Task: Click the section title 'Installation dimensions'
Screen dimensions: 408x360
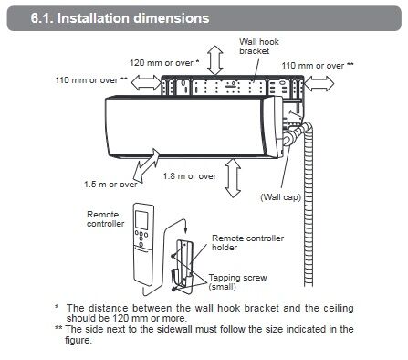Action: (133, 18)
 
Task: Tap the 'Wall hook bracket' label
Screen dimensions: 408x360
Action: (259, 47)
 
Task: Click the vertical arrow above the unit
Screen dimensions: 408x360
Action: (215, 60)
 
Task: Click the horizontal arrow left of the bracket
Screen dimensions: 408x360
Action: (146, 82)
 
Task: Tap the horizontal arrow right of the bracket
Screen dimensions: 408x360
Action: (319, 83)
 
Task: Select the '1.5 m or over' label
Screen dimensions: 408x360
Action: (110, 185)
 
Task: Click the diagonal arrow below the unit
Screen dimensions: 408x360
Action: (147, 165)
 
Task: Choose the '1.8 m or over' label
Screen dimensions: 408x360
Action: (190, 176)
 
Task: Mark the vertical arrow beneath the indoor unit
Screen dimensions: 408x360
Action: (233, 178)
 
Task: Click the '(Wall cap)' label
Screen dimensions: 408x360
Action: (280, 197)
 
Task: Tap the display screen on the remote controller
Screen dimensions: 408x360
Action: (141, 220)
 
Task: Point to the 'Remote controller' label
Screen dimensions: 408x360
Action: (105, 219)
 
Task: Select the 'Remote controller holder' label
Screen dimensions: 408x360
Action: (247, 243)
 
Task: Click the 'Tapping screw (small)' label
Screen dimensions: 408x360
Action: (237, 282)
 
